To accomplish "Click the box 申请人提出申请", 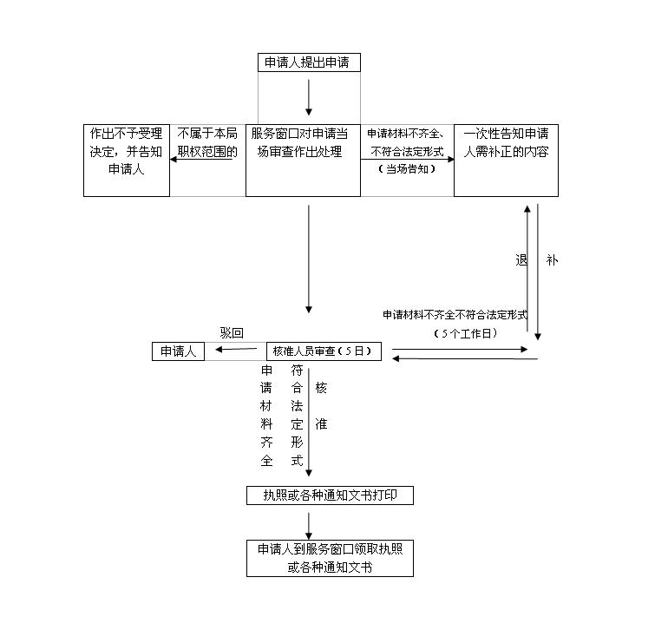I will point(309,62).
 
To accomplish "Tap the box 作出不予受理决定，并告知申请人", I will point(127,161).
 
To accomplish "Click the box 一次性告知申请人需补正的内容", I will point(506,161).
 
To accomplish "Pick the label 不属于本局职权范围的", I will point(207,142).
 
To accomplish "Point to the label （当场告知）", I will point(407,169).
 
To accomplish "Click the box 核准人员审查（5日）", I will point(323,351).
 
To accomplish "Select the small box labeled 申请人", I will point(179,351).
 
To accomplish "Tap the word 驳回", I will point(231,333).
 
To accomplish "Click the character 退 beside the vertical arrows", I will point(521,259).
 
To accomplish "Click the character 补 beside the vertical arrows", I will point(552,259).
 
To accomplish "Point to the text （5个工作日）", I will point(466,333).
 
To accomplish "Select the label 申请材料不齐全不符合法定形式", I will point(455,315).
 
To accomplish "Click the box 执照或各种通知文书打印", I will point(330,495).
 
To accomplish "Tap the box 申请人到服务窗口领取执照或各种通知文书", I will point(330,558).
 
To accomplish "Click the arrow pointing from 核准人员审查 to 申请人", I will point(235,350).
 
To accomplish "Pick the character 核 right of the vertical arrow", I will point(321,388).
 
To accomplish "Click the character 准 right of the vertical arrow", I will point(321,424).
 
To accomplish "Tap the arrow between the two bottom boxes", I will point(309,523).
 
